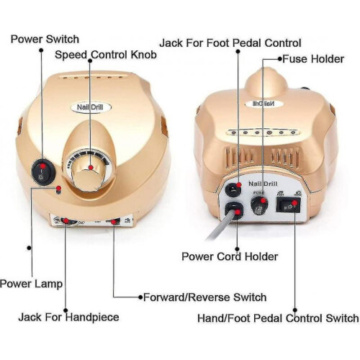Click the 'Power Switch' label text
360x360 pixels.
click(x=45, y=39)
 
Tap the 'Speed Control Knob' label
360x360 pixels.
click(x=106, y=55)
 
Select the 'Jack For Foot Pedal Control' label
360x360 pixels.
click(x=230, y=43)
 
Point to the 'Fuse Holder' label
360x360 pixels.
click(x=313, y=59)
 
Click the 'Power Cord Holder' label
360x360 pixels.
click(x=230, y=256)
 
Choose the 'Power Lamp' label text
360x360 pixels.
click(x=31, y=284)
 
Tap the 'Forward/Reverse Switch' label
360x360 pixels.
click(x=204, y=297)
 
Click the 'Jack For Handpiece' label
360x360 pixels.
click(x=68, y=318)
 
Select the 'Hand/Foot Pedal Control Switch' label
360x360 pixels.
click(x=278, y=318)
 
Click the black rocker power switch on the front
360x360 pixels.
click(x=43, y=171)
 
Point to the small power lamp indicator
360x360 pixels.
click(x=58, y=191)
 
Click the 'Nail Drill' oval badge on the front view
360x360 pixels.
click(x=91, y=107)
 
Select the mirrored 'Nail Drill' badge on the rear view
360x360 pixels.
click(x=264, y=104)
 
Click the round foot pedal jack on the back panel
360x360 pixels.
click(x=233, y=189)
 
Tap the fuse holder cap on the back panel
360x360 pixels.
click(x=259, y=205)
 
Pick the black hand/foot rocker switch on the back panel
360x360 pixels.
click(x=288, y=205)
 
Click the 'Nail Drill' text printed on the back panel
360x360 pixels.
click(x=263, y=184)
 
